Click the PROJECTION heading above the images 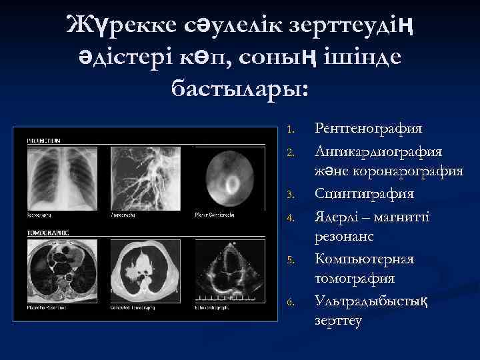pos(44,141)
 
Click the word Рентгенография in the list pos(369,128)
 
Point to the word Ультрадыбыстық pos(371,301)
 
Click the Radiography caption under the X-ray pos(39,216)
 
